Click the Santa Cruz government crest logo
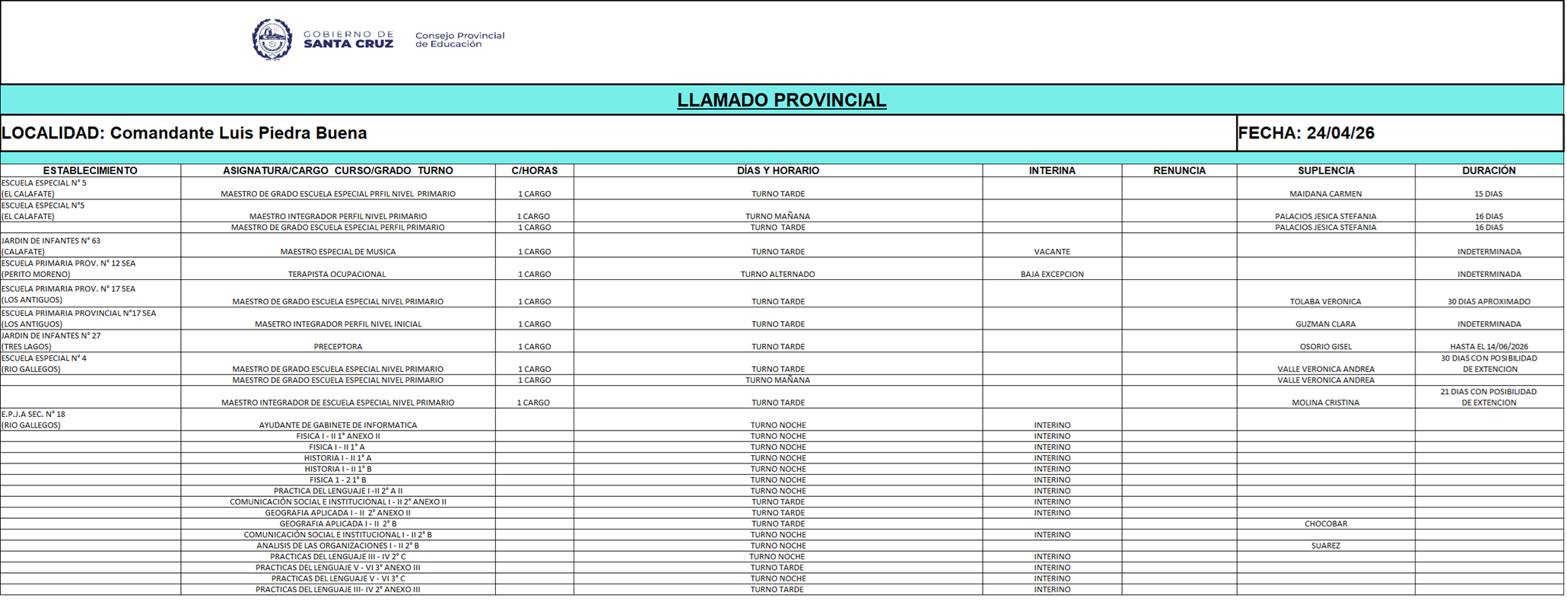click(272, 40)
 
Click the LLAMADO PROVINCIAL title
click(781, 100)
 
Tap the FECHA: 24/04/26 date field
click(1306, 133)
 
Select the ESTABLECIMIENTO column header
click(90, 170)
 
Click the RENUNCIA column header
click(1179, 170)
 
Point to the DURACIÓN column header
click(1489, 170)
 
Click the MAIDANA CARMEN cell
click(1325, 194)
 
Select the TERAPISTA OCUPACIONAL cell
click(337, 274)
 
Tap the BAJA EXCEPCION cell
click(1052, 274)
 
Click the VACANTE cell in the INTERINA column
click(1052, 252)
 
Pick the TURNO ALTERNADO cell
click(777, 274)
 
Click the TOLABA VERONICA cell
click(1325, 301)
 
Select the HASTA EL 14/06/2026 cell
click(1489, 346)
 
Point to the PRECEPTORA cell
click(338, 346)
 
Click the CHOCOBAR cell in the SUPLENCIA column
click(1325, 523)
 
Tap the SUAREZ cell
click(1325, 546)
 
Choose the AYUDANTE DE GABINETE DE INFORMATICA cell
click(338, 425)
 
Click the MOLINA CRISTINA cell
click(1325, 403)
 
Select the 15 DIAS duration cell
click(1489, 194)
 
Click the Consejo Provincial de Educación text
click(459, 40)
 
